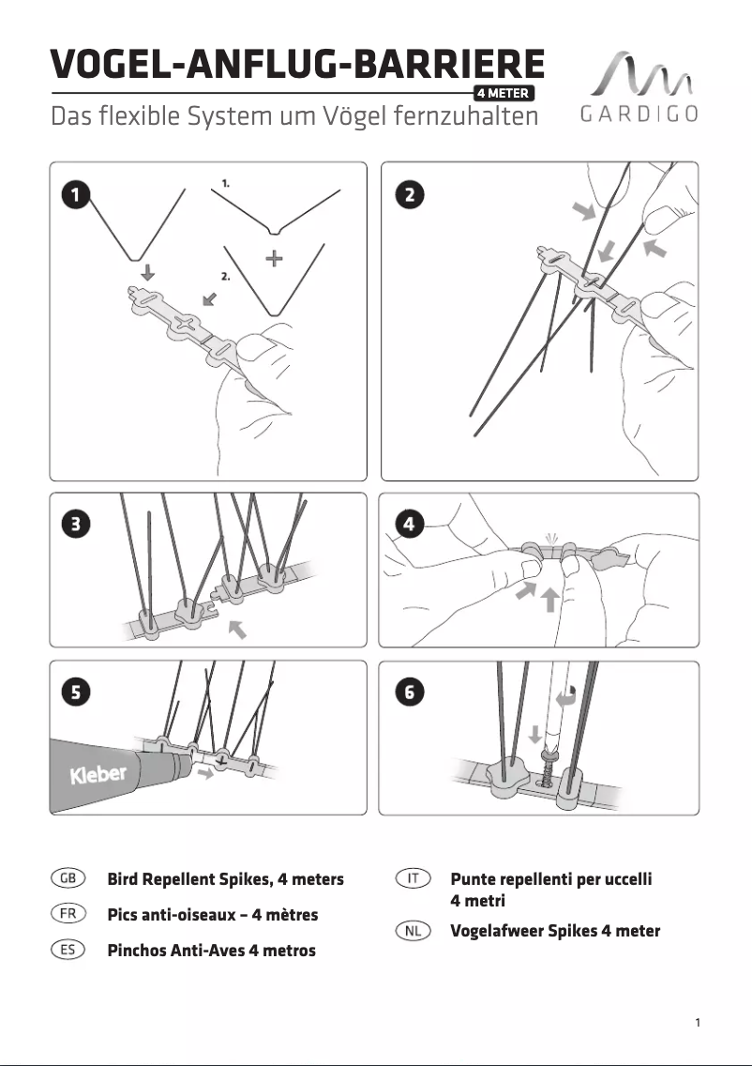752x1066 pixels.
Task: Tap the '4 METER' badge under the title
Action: (x=504, y=93)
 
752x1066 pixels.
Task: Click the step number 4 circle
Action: (x=409, y=525)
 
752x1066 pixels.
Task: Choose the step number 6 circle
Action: (x=409, y=693)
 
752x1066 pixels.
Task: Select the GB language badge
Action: (x=68, y=878)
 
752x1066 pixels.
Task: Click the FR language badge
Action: (x=68, y=913)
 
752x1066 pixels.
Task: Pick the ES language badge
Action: (x=68, y=949)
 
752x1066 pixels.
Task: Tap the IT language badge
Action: (x=413, y=878)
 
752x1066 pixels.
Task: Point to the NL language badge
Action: (x=413, y=930)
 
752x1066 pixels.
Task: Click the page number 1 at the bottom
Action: (x=698, y=1022)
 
